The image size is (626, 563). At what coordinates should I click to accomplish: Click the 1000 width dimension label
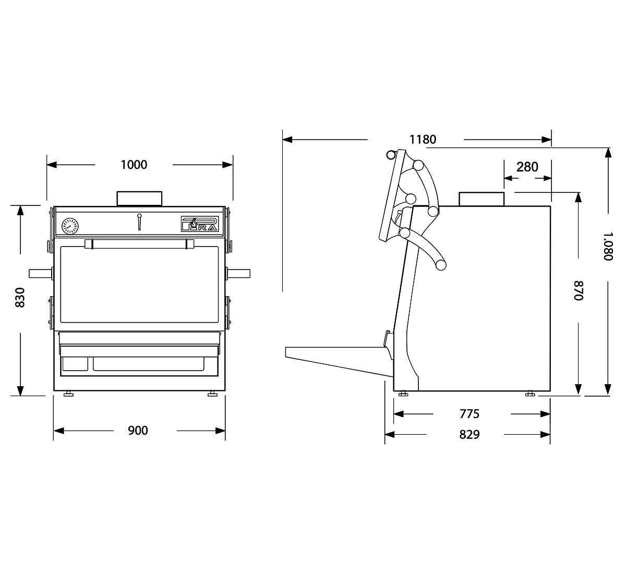point(134,164)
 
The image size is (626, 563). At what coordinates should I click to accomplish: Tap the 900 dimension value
point(138,431)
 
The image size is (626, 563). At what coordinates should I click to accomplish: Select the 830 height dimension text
point(20,298)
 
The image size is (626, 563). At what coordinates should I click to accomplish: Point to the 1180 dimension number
point(423,139)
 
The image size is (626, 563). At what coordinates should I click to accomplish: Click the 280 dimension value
point(527,167)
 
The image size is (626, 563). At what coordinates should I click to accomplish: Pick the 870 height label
point(578,291)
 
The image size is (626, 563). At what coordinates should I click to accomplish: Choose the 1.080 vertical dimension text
point(608,246)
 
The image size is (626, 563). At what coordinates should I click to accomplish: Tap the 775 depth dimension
point(469,414)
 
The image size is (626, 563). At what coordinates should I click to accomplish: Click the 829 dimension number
point(469,434)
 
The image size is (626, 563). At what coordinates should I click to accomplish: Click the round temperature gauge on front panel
point(70,226)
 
